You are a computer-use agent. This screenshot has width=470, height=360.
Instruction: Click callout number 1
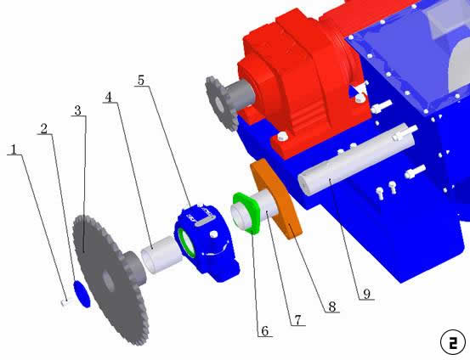click(x=14, y=149)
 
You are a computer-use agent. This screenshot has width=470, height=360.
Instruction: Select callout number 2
click(x=44, y=129)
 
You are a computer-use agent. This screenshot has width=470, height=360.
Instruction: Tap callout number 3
click(x=77, y=110)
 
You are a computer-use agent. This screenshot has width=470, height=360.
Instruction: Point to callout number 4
click(x=109, y=97)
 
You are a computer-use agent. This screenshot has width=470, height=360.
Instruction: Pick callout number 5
click(x=141, y=81)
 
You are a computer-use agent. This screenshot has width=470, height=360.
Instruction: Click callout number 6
click(x=264, y=331)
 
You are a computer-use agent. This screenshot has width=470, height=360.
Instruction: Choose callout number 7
click(x=297, y=320)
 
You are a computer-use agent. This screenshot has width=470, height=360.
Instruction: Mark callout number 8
click(x=332, y=307)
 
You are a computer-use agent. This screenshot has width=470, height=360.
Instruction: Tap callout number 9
click(x=367, y=294)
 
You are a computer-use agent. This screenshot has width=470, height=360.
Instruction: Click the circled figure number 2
click(x=453, y=342)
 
